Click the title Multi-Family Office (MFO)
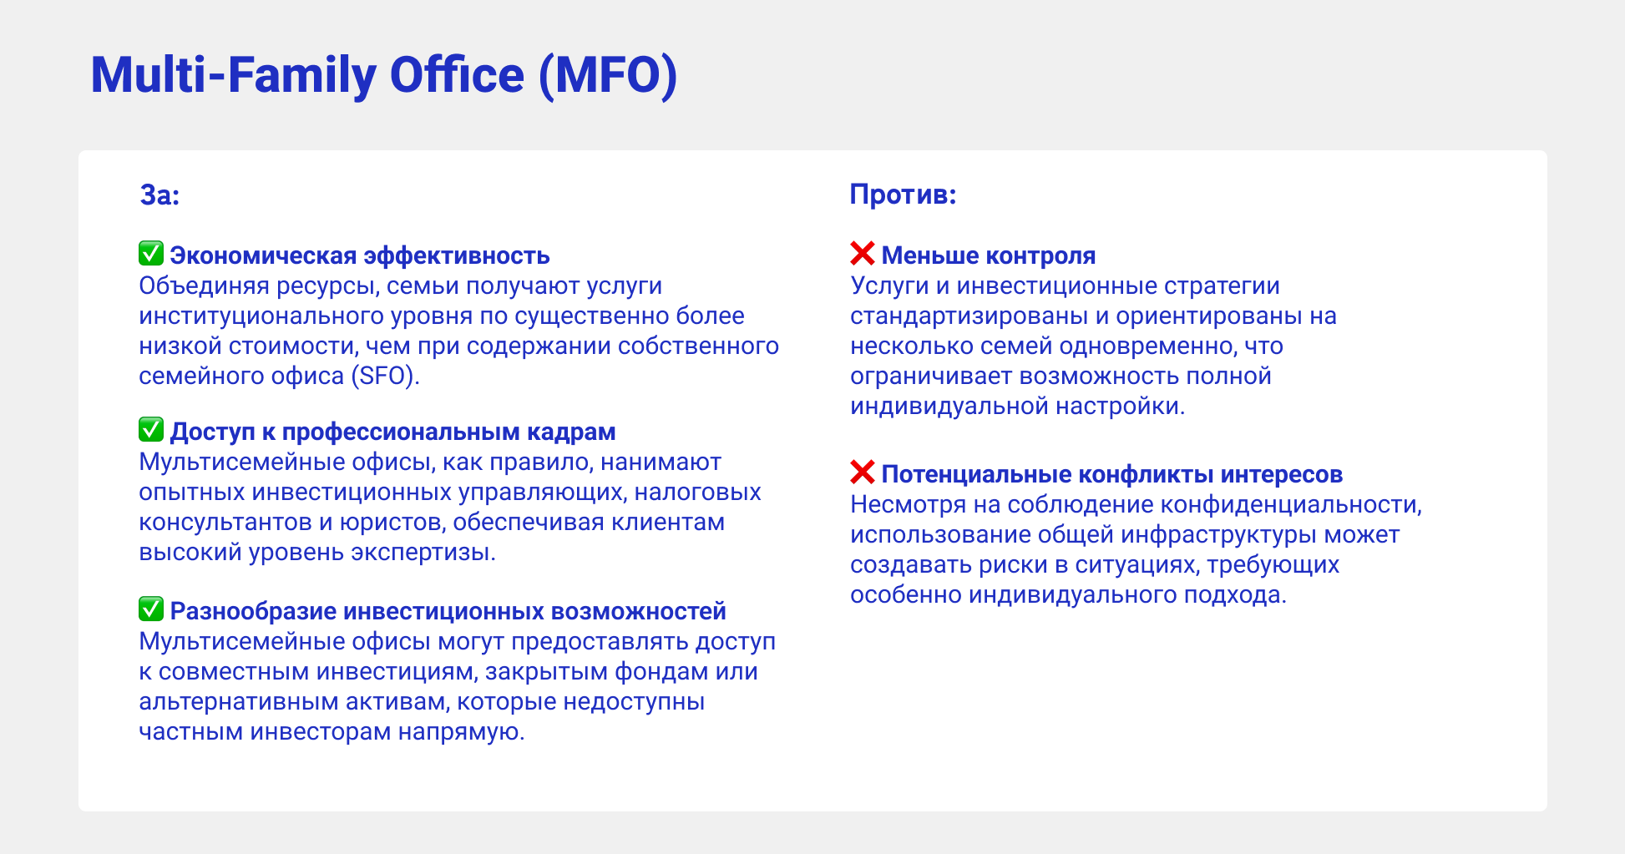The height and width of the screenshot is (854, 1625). pyautogui.click(x=384, y=76)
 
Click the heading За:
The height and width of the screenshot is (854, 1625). pyautogui.click(x=159, y=195)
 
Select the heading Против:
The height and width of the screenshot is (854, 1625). pyautogui.click(x=903, y=195)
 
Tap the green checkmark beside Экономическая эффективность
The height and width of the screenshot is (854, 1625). pyautogui.click(x=151, y=253)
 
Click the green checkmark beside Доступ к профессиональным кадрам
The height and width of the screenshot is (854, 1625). pyautogui.click(x=151, y=429)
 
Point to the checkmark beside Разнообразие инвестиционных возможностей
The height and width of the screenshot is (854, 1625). pyautogui.click(x=151, y=609)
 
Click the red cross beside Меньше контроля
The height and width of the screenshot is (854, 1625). pyautogui.click(x=863, y=253)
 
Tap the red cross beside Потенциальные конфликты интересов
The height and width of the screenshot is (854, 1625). pyautogui.click(x=863, y=472)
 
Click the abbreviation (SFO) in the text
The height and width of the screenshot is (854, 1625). pyautogui.click(x=385, y=376)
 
